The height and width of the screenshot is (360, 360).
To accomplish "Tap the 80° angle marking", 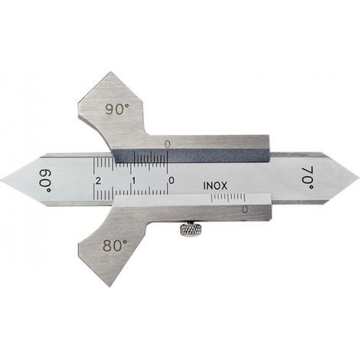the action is click(115, 246).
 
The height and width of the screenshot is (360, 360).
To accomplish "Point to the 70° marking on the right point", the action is click(308, 178).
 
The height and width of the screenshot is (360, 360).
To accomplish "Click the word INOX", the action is click(215, 186).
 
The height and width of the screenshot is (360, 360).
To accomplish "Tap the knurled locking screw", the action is click(191, 230).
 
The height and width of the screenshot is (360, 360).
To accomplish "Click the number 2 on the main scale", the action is click(97, 181).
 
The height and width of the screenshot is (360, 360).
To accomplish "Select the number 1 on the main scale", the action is click(133, 181).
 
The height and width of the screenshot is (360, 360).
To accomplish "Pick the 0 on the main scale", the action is click(172, 181).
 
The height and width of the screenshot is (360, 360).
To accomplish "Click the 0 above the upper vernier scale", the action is click(167, 145).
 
